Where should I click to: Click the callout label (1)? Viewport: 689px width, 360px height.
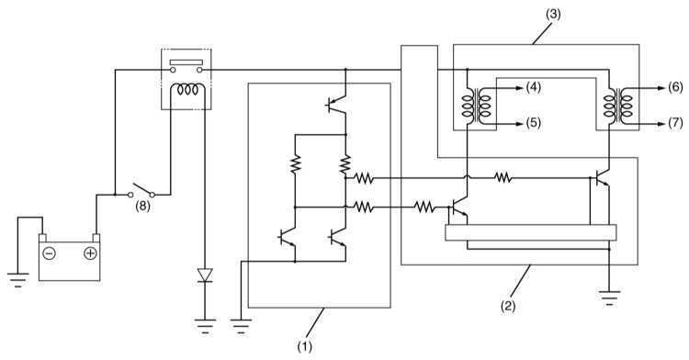coord(304,347)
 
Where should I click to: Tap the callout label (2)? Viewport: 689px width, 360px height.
coord(508,306)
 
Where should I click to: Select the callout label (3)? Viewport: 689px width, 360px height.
coord(553,14)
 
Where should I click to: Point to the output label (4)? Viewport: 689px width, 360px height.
coord(534,87)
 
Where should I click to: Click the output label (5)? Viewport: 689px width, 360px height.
coord(534,123)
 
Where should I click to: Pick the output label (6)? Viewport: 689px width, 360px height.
coord(676,87)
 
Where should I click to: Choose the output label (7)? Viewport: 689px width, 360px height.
coord(676,123)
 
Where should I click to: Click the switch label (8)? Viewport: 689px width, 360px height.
coord(142,207)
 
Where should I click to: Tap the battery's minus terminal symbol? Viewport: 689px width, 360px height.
coord(50,253)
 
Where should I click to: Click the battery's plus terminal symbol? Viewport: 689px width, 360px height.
coord(90,253)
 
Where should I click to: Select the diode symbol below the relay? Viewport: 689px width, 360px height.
coord(205,276)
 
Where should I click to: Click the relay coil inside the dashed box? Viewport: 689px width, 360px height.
coord(187,90)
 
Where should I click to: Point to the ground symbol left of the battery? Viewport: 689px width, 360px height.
coord(17,280)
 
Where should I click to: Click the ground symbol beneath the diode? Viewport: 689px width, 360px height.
coord(205,327)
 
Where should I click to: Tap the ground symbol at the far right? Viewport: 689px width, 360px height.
coord(609,298)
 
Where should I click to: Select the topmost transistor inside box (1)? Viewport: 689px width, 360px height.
coord(336,105)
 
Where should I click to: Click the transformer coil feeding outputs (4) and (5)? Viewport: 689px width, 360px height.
coord(476,106)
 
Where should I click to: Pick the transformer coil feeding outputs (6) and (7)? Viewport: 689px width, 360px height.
coord(618,106)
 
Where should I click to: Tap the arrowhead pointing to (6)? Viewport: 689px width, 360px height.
coord(661,88)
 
